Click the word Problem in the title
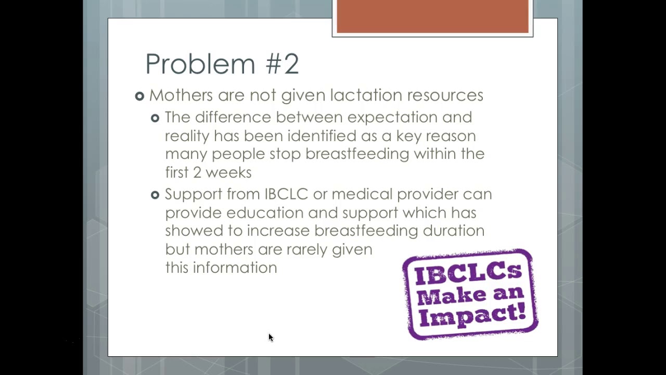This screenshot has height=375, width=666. pos(200,64)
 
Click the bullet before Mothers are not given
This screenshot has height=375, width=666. pos(139,96)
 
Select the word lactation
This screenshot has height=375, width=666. pos(366,95)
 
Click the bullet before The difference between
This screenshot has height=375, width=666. pos(155,118)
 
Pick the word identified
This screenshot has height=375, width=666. pos(322,136)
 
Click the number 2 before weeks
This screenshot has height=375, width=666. pos(197,172)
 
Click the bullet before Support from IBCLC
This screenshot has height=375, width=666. pos(155,195)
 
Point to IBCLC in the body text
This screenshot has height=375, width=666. pos(286,194)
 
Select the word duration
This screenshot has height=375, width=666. pos(454,231)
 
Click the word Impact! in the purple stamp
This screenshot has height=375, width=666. pos(472,316)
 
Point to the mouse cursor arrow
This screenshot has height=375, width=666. pos(271,337)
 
